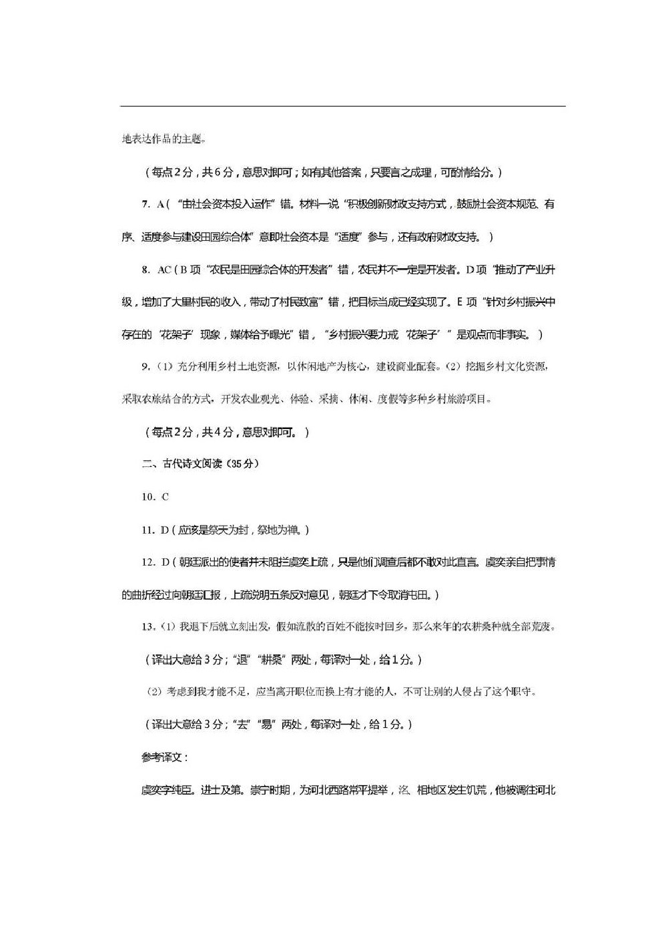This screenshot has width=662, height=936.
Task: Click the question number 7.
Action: coord(145,204)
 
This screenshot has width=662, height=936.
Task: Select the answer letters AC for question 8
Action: coord(163,270)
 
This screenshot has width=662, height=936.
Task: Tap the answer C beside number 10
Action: coord(165,497)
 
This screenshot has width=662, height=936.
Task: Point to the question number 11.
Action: coord(147,530)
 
